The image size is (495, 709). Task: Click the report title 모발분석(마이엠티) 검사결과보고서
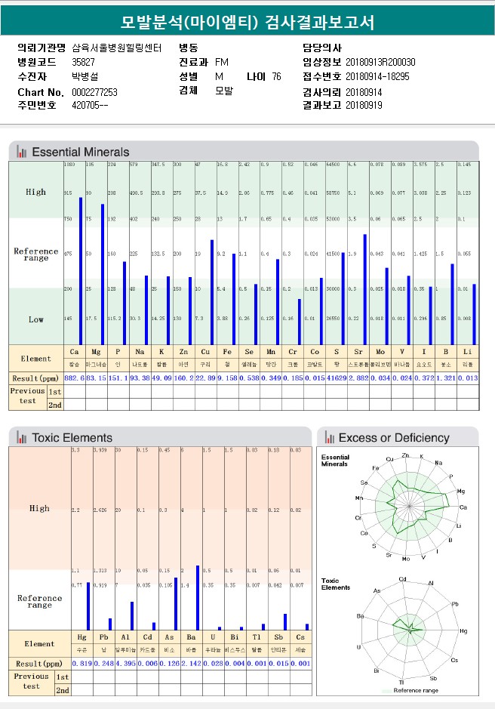[247, 22]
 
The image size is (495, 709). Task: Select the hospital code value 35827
[83, 62]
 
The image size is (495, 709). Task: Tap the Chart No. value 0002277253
[94, 92]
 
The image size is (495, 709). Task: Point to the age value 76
[276, 77]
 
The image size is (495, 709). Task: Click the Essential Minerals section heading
[80, 152]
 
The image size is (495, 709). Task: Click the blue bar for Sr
[365, 288]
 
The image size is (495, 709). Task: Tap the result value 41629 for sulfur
[337, 377]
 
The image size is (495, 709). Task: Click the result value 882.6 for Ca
[74, 377]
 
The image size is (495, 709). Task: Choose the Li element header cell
[468, 352]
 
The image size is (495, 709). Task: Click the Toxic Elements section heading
[72, 437]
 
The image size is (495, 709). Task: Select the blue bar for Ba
[198, 597]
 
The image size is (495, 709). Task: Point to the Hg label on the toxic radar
[463, 630]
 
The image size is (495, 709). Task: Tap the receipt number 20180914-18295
[377, 77]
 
